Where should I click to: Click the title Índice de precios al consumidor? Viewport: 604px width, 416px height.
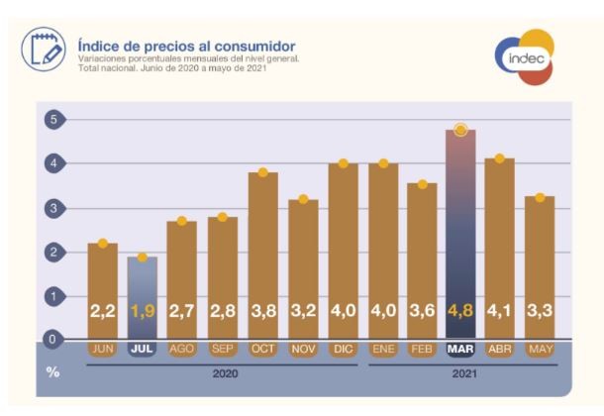pyautogui.click(x=186, y=46)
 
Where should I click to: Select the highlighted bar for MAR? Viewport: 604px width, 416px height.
pyautogui.click(x=460, y=233)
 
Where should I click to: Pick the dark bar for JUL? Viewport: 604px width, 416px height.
pyautogui.click(x=143, y=297)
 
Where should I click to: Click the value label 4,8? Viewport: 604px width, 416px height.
pyautogui.click(x=460, y=311)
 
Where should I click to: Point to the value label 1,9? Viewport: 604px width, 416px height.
pyautogui.click(x=143, y=311)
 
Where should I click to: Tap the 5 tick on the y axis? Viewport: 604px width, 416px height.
pyautogui.click(x=51, y=120)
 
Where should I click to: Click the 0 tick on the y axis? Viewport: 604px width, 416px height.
pyautogui.click(x=51, y=340)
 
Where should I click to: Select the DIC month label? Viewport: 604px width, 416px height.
pyautogui.click(x=343, y=350)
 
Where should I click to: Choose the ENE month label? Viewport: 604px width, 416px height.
pyautogui.click(x=382, y=350)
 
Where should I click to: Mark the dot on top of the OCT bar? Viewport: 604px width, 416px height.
pyautogui.click(x=263, y=172)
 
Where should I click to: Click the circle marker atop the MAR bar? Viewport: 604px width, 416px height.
pyautogui.click(x=460, y=130)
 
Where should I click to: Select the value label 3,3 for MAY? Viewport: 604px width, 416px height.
pyautogui.click(x=540, y=311)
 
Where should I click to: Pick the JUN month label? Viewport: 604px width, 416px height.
pyautogui.click(x=103, y=350)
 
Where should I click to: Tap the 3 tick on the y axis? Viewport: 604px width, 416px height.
pyautogui.click(x=51, y=208)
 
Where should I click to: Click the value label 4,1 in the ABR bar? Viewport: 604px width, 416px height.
pyautogui.click(x=500, y=311)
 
